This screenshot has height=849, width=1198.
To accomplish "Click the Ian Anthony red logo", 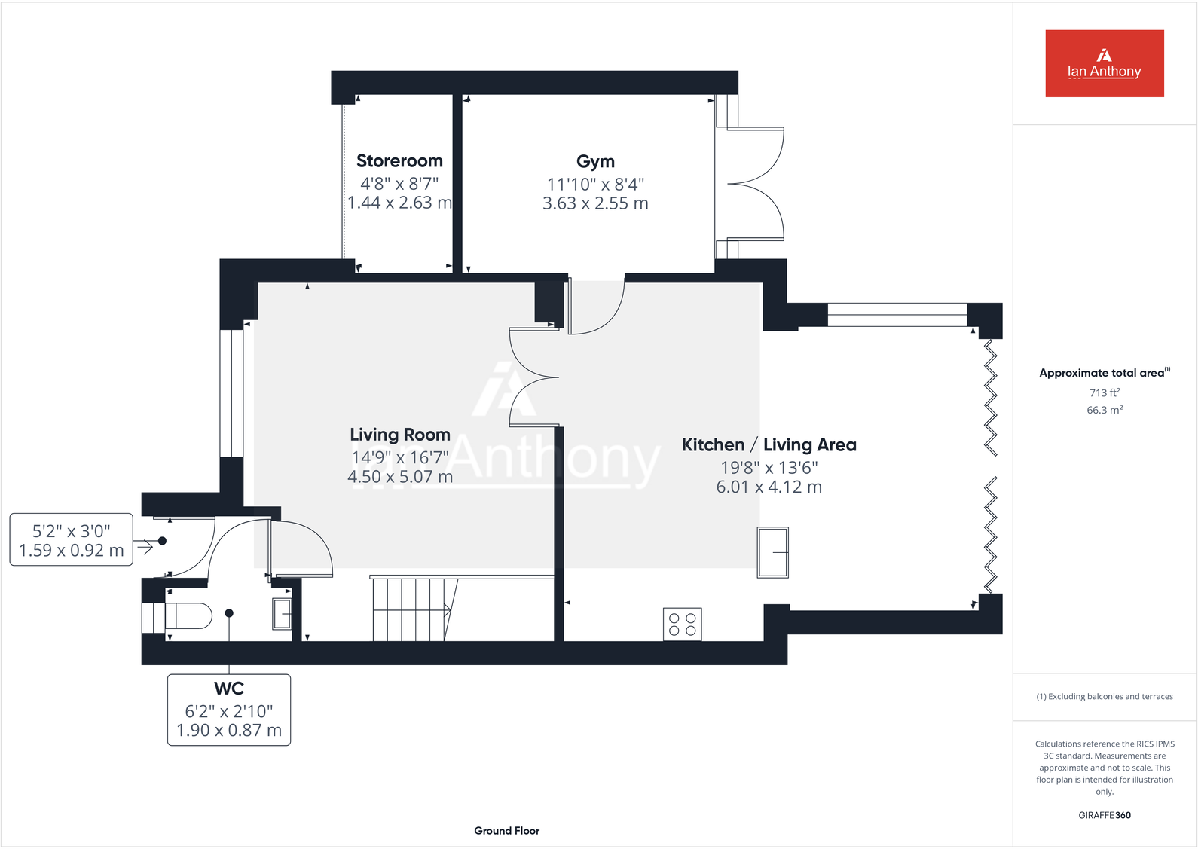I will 1104,63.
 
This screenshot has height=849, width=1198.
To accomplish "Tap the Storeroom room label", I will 399,161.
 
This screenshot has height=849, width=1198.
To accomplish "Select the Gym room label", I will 595,162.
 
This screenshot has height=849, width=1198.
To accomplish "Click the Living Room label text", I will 400,435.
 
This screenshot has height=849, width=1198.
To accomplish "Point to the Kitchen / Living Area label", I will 769,445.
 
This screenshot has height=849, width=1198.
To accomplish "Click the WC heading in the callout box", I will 229,689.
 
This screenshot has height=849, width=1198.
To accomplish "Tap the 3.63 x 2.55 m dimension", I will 595,203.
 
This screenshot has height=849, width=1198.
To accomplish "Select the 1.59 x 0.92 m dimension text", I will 72,551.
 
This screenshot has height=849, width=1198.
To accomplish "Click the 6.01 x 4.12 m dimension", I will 769,487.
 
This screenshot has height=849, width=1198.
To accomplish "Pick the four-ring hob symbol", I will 683,625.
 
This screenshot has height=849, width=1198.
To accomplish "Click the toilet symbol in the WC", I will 188,616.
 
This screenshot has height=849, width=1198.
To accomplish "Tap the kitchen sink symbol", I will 773,552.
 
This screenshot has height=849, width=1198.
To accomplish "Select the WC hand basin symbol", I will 282,614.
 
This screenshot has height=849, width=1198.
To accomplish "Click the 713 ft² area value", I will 1104,392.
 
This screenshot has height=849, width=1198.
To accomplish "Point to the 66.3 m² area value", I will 1104,410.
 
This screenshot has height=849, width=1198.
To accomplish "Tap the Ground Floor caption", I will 506,831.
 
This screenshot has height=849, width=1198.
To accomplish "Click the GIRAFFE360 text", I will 1104,815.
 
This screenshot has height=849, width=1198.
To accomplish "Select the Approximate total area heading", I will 1102,373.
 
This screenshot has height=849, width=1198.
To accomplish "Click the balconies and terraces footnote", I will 1104,697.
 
